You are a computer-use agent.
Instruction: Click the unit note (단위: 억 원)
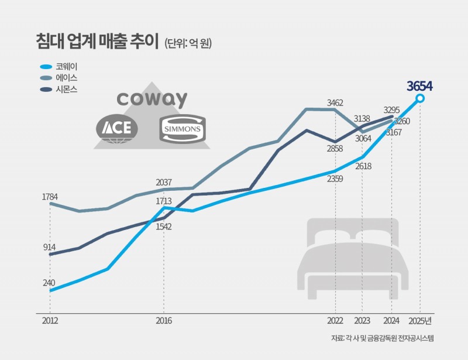pyautogui.click(x=189, y=43)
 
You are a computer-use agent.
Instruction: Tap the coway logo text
pyautogui.click(x=152, y=99)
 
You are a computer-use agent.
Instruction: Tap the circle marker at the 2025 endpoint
pyautogui.click(x=420, y=98)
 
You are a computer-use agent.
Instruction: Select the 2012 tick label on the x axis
pyautogui.click(x=50, y=321)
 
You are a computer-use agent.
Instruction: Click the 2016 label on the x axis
pyautogui.click(x=163, y=321)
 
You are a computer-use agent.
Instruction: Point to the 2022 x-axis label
pyautogui.click(x=335, y=321)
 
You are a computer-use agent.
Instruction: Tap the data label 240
pyautogui.click(x=49, y=283)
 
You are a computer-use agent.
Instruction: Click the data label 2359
pyautogui.click(x=335, y=179)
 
